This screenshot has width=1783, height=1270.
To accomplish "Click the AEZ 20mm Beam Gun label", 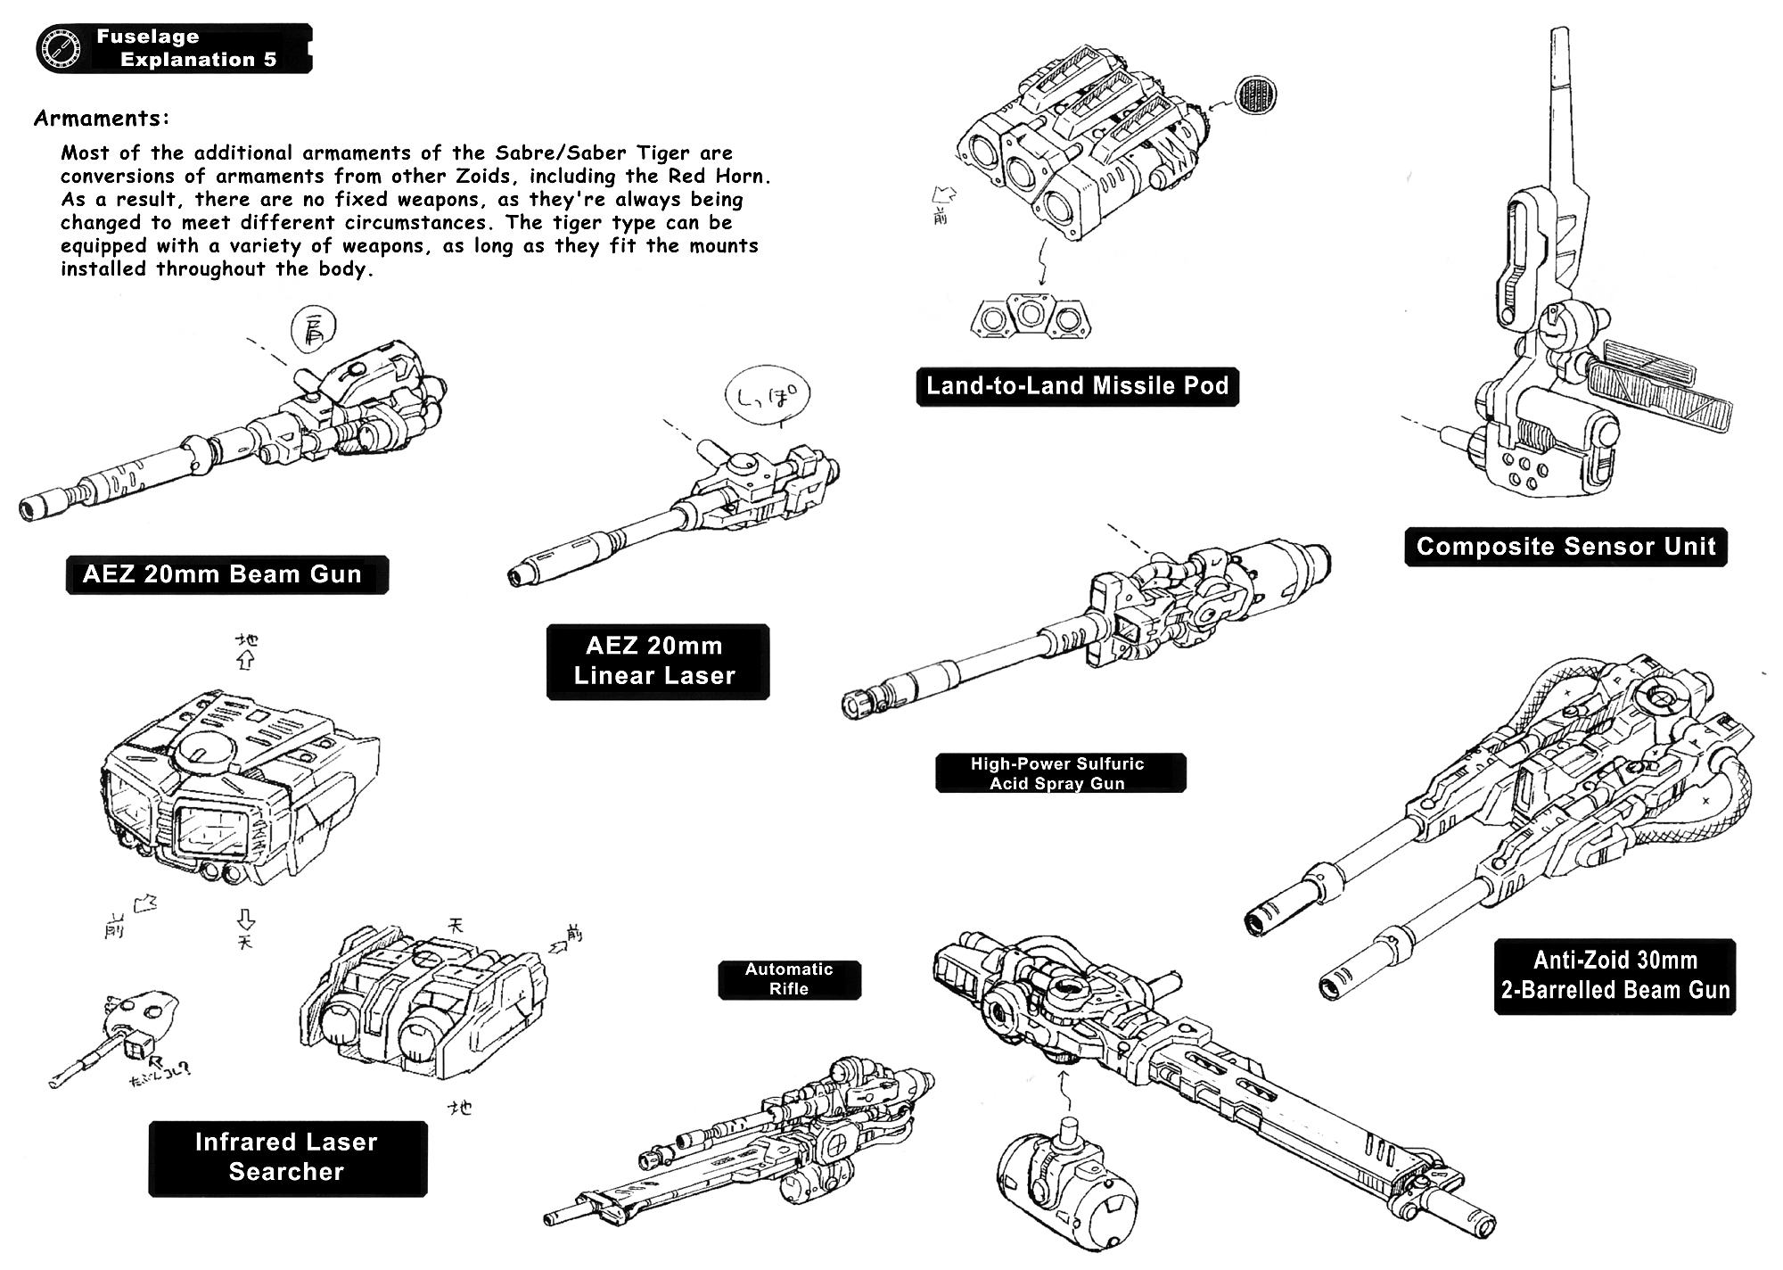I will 226,574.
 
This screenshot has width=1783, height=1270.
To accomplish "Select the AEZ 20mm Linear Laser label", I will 657,661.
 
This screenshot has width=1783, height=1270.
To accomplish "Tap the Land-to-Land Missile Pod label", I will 1077,386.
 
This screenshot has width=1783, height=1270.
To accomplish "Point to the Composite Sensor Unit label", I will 1565,547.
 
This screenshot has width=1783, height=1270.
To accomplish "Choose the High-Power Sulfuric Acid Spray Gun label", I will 1059,773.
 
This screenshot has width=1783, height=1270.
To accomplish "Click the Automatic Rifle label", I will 789,979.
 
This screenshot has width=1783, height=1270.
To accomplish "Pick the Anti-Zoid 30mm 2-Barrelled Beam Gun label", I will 1615,976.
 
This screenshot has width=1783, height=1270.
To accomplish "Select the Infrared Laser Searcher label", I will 287,1157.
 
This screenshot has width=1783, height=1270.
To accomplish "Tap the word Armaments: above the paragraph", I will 102,118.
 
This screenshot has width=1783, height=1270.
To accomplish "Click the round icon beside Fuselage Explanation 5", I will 61,48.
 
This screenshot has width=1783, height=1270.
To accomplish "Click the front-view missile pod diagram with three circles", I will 1031,315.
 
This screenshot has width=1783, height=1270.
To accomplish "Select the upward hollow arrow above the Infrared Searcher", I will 246,660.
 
